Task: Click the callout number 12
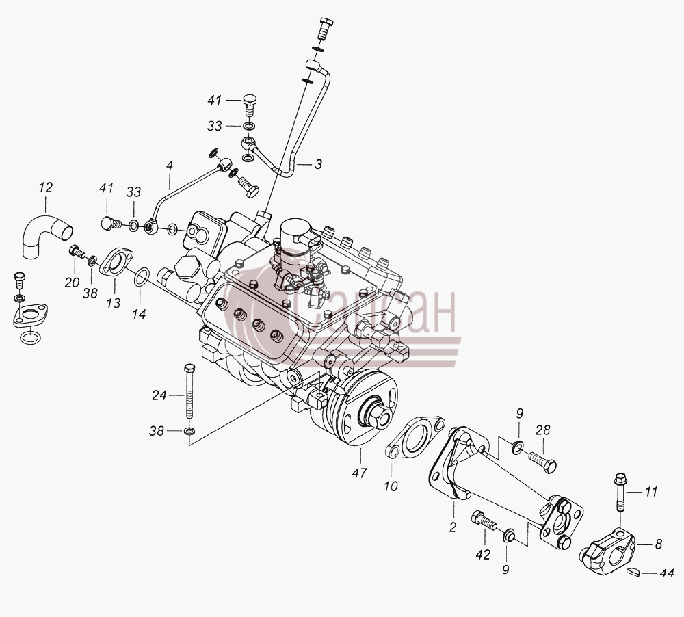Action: click(45, 187)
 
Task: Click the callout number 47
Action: click(360, 473)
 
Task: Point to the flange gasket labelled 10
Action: click(415, 438)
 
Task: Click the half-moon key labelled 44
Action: click(632, 572)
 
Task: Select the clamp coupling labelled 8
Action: click(607, 550)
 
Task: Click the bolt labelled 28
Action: click(542, 461)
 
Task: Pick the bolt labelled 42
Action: click(484, 520)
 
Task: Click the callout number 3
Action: click(319, 164)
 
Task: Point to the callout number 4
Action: click(170, 166)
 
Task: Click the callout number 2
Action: click(453, 527)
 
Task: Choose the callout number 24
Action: click(159, 395)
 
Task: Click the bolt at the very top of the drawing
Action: click(326, 29)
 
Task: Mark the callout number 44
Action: click(666, 573)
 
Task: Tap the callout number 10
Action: click(391, 486)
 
